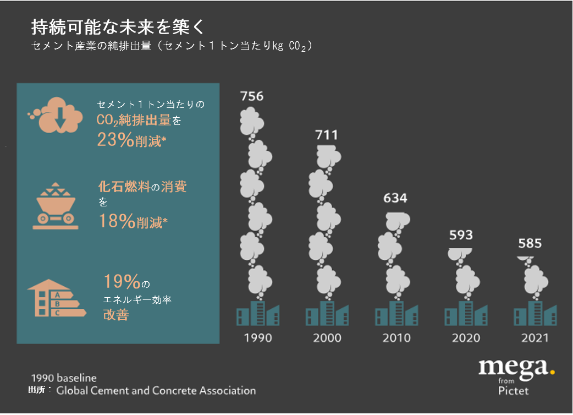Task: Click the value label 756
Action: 252,96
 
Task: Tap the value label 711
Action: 327,135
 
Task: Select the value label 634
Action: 395,198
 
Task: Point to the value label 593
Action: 461,235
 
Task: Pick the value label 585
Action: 530,243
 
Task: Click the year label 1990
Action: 258,337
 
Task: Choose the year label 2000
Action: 327,337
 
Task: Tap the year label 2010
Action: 396,337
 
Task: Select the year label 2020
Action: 466,337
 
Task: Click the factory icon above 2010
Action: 396,314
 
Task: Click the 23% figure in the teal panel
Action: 115,140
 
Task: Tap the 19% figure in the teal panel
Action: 122,282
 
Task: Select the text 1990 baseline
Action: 64,378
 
